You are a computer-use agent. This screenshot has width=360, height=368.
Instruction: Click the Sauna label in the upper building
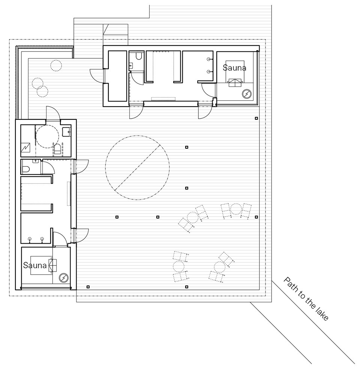coord(234,68)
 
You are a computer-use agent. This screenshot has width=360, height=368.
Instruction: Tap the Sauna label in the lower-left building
coord(34,265)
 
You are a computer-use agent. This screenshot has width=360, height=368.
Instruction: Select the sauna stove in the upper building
coord(235,83)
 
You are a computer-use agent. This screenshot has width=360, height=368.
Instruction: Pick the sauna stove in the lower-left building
coord(52,265)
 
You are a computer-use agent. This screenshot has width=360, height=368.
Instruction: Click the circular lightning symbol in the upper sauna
coord(247,94)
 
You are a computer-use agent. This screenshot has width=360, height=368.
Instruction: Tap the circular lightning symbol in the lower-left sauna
coord(63,278)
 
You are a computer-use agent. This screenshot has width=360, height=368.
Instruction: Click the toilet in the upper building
coord(138,56)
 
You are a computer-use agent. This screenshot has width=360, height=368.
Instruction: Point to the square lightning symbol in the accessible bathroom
coord(25,148)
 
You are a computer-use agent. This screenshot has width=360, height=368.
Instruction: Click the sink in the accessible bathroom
coord(67,131)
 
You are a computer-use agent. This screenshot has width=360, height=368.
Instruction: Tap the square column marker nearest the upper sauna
coord(256,118)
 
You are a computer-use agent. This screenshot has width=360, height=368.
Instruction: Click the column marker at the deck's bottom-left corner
coord(88,287)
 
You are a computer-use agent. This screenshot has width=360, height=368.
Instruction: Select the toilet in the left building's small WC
coord(25,169)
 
